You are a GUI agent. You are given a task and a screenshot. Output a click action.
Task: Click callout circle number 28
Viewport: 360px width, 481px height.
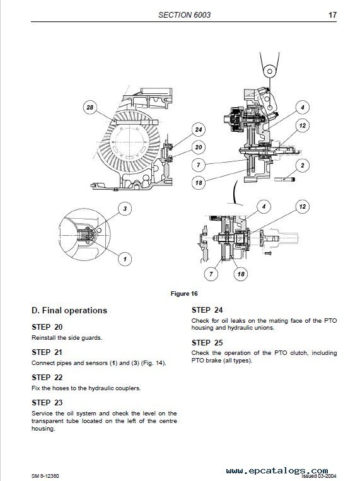(90, 107)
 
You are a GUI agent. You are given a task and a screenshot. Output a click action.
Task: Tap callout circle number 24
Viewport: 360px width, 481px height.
(199, 129)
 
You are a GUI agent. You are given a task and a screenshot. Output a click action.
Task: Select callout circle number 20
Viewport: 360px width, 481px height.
(199, 148)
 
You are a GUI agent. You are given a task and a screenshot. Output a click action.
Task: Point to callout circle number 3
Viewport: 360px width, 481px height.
(125, 209)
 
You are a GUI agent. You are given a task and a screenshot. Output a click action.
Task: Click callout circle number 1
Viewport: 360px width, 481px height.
(125, 259)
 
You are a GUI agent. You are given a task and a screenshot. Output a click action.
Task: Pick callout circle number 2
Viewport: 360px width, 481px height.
(303, 165)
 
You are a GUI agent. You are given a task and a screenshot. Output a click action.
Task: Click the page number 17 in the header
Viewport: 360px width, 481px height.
(332, 14)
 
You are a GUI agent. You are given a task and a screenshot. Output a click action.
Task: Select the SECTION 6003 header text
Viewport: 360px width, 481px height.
(185, 14)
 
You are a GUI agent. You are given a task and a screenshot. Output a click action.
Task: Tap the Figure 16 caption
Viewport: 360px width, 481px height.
(184, 294)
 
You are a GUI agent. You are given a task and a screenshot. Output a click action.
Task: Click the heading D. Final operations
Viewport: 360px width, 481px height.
(69, 310)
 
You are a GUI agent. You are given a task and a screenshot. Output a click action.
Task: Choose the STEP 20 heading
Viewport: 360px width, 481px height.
(47, 327)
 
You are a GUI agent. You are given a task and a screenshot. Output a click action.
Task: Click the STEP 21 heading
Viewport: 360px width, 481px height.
(47, 352)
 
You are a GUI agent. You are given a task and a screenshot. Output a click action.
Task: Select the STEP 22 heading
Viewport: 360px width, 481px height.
(47, 378)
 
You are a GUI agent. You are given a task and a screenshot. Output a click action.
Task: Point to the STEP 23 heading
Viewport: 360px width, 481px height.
(47, 402)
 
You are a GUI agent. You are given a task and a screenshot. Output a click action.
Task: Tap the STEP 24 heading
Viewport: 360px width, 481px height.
(207, 310)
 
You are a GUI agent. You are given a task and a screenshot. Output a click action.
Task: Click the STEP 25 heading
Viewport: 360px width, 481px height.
(207, 343)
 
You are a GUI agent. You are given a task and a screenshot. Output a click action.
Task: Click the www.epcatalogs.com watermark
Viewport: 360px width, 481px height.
(277, 470)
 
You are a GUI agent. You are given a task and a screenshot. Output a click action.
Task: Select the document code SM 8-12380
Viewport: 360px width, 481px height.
(45, 476)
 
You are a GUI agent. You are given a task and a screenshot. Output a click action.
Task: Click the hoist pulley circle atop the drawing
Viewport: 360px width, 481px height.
(270, 71)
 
